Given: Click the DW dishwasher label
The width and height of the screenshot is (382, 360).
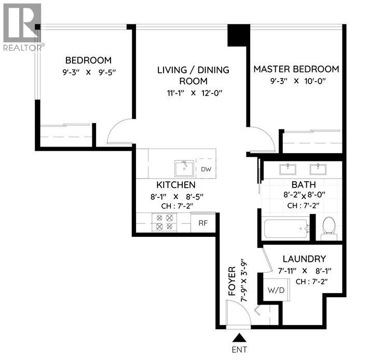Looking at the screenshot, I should click(206, 169).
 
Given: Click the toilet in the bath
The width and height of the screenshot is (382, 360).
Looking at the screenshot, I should click(329, 227).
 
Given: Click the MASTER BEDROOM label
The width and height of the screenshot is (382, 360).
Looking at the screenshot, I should click(296, 69).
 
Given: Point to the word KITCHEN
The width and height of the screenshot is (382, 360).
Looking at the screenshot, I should click(176, 185).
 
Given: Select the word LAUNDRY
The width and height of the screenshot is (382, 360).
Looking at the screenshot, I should click(304, 259).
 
